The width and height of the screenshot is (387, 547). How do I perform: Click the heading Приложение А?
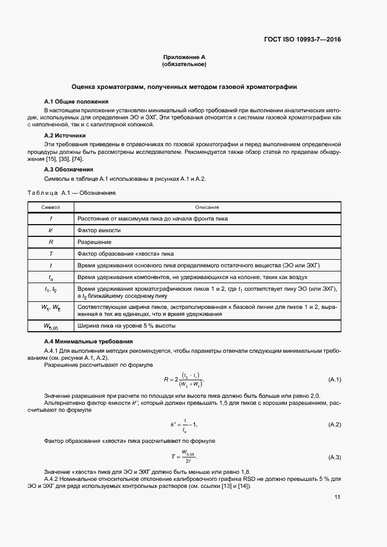(x=184, y=57)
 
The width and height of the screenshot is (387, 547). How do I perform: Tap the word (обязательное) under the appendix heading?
(x=184, y=64)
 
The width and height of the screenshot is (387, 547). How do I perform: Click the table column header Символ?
(x=50, y=207)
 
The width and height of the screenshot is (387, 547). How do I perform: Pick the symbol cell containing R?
(x=50, y=242)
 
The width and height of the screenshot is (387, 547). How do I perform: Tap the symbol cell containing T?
(x=50, y=253)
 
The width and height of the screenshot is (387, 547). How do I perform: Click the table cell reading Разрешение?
(x=95, y=242)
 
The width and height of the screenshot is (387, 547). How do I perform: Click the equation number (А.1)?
(x=334, y=380)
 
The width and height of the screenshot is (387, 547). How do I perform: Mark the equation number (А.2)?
(x=334, y=424)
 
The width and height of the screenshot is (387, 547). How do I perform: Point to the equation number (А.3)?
(x=334, y=456)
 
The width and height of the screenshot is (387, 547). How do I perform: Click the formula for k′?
(x=184, y=424)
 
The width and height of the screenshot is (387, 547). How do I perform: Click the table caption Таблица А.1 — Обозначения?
(x=72, y=192)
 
